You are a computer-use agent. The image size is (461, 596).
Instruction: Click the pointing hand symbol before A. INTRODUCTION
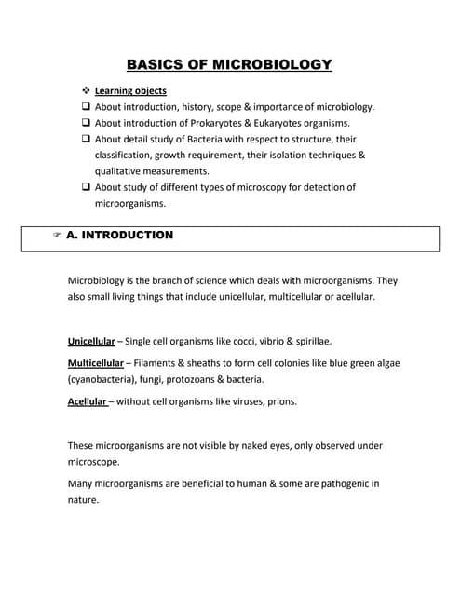58,236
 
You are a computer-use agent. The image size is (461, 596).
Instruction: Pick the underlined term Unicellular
91,341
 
